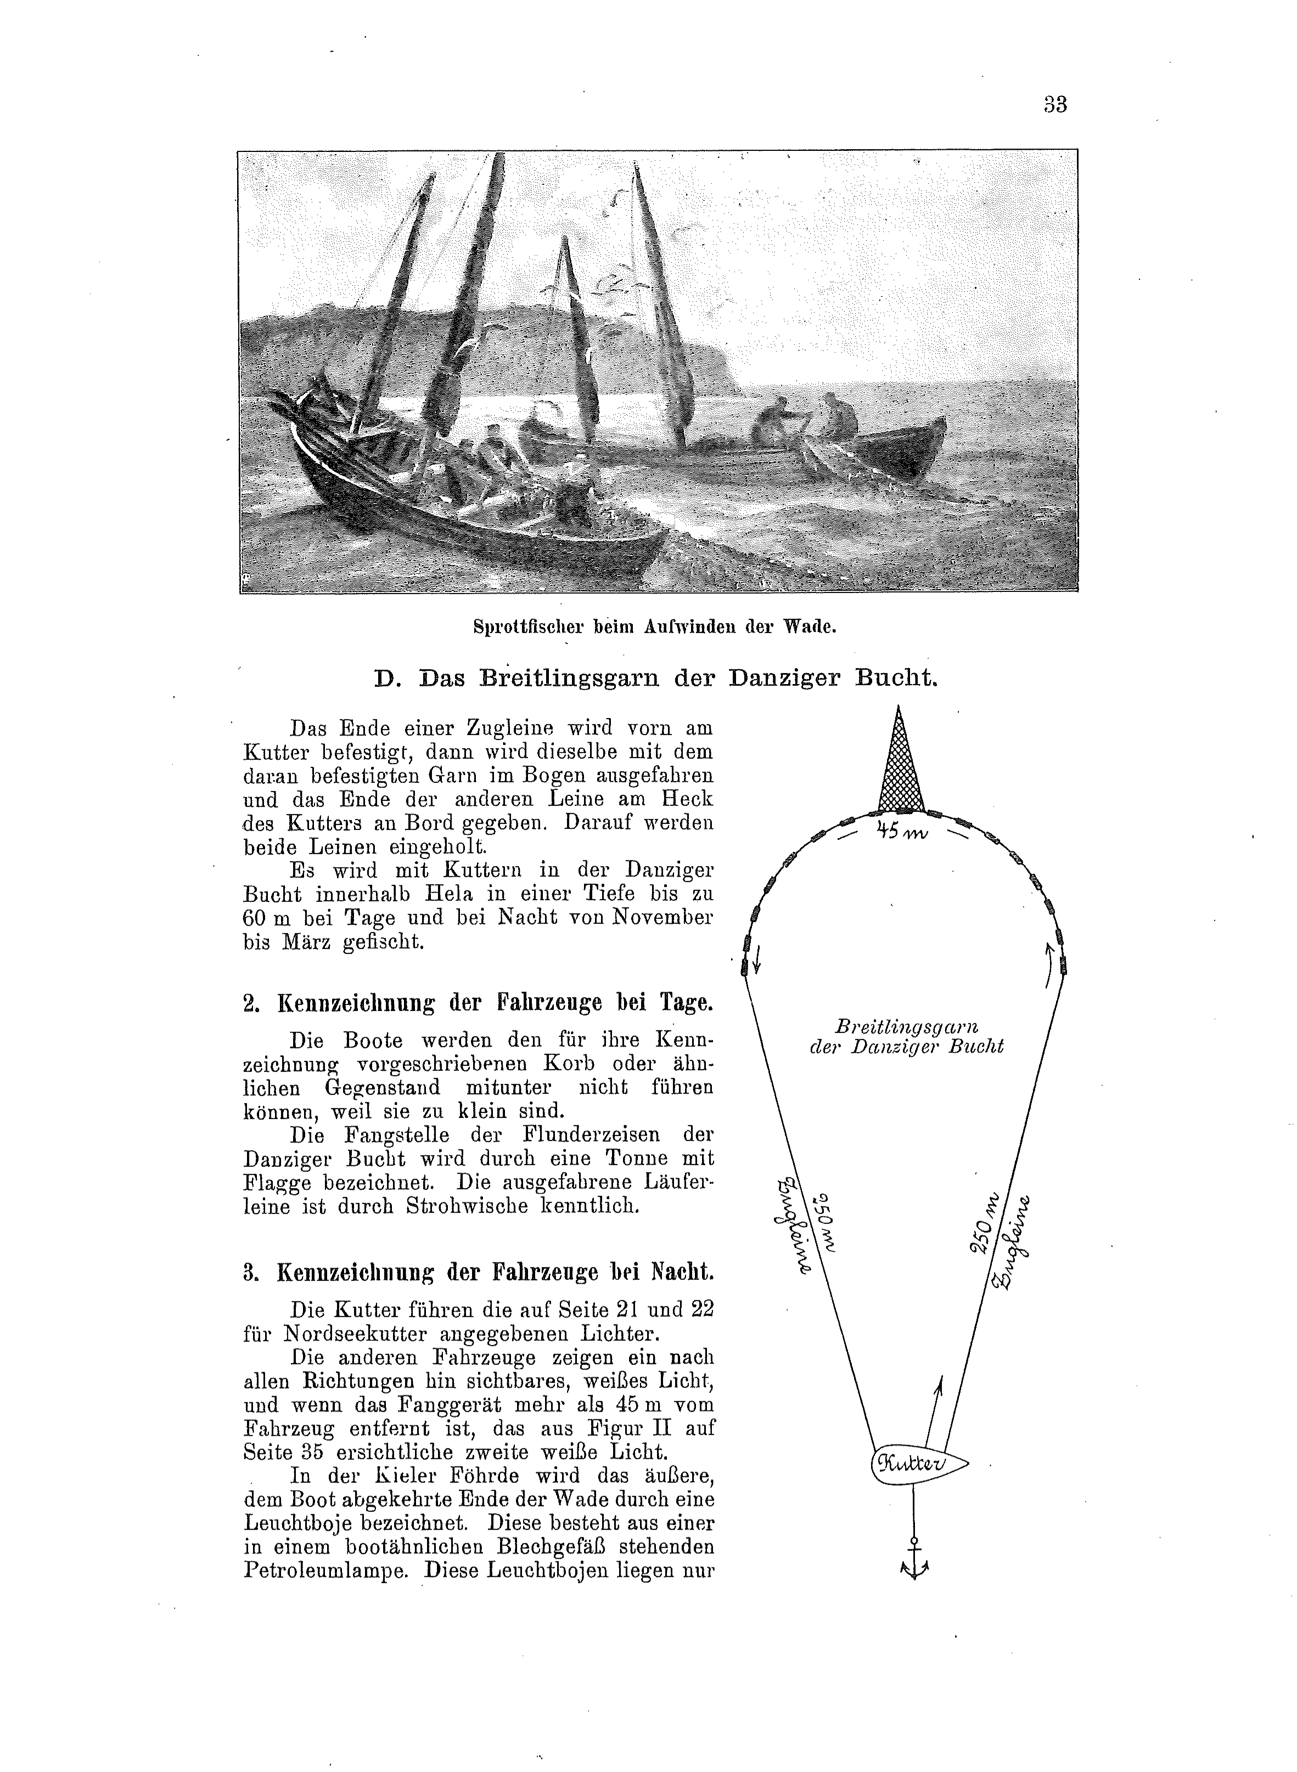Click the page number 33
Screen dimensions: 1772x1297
pyautogui.click(x=1055, y=104)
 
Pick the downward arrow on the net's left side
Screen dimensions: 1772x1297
pyautogui.click(x=757, y=957)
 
